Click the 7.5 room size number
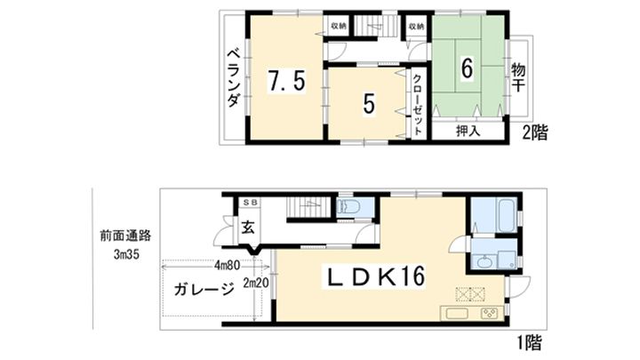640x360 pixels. (286, 80)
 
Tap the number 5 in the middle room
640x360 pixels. (369, 105)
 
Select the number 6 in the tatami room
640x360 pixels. (467, 68)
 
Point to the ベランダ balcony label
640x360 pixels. (234, 77)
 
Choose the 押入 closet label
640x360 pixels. (468, 132)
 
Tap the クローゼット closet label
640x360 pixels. (417, 105)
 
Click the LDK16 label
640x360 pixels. (374, 276)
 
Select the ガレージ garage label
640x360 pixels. (204, 289)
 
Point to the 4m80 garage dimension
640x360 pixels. (227, 265)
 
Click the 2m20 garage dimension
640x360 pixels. (256, 283)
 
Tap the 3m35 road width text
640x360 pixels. (126, 255)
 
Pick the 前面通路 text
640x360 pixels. (125, 236)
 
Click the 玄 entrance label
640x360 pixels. (247, 228)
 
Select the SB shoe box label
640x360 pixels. (249, 203)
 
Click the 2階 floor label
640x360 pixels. (535, 132)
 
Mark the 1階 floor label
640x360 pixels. (530, 342)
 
